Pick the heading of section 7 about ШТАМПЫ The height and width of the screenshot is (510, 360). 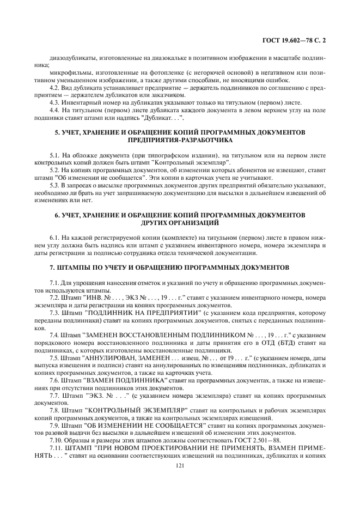pos(180,269)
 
